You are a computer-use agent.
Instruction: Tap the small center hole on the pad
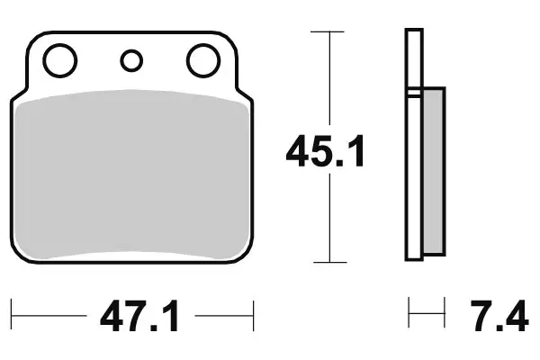[x=131, y=61]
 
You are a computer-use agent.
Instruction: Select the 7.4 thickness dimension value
[x=497, y=318]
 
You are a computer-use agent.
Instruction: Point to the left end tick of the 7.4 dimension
[x=410, y=316]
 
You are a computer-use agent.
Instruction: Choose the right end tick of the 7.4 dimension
[x=445, y=316]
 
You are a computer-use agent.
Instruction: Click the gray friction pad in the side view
[x=433, y=171]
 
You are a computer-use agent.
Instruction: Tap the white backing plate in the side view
[x=414, y=171]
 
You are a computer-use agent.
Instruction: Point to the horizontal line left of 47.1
[x=49, y=316]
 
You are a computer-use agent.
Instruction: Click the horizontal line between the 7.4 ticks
[x=427, y=316]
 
